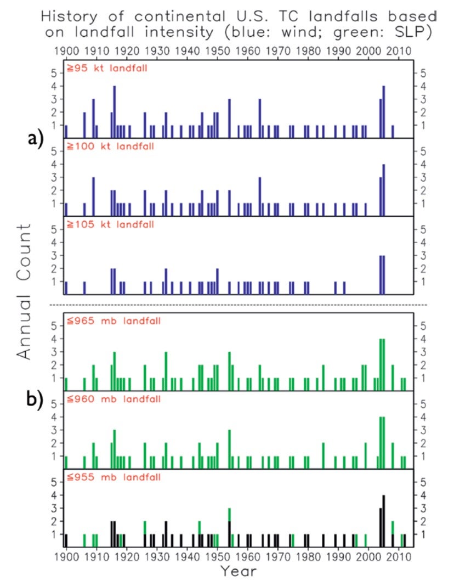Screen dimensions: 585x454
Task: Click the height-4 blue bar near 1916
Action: tap(114, 112)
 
